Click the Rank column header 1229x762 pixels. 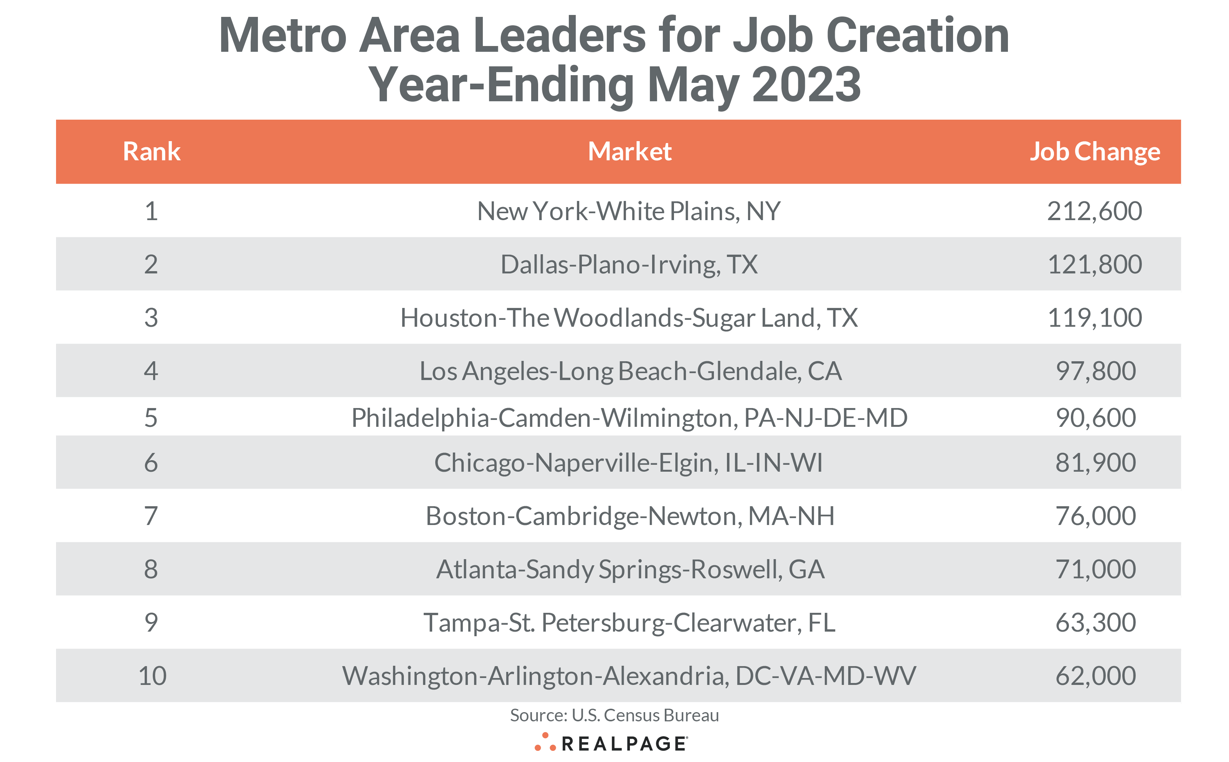pyautogui.click(x=151, y=151)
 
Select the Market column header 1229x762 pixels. pyautogui.click(x=629, y=151)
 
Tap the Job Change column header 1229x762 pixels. pyautogui.click(x=1094, y=151)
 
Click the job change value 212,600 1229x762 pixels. pyautogui.click(x=1094, y=211)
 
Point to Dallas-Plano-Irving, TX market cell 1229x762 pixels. pyautogui.click(x=629, y=265)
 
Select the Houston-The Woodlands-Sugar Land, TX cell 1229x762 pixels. pyautogui.click(x=629, y=318)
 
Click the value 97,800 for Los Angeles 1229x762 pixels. pyautogui.click(x=1095, y=371)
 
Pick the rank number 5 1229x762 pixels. pyautogui.click(x=151, y=418)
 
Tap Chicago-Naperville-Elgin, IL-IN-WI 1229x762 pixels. pyautogui.click(x=628, y=462)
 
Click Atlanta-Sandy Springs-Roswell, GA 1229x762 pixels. pyautogui.click(x=630, y=569)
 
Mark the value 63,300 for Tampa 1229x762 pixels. pyautogui.click(x=1095, y=622)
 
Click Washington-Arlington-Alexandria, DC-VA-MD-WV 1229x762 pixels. pyautogui.click(x=629, y=676)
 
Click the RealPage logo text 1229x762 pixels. pyautogui.click(x=623, y=743)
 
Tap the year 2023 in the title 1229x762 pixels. pyautogui.click(x=806, y=85)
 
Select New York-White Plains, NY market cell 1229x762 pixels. pyautogui.click(x=629, y=211)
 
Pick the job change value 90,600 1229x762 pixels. pyautogui.click(x=1095, y=418)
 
